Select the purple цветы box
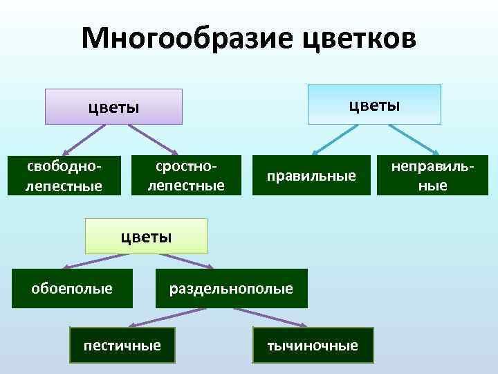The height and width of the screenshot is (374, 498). click(x=114, y=107)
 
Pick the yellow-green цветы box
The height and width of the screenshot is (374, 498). click(x=146, y=236)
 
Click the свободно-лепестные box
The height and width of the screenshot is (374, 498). click(x=64, y=176)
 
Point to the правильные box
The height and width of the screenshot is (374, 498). click(x=312, y=176)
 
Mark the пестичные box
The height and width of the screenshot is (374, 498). click(x=122, y=344)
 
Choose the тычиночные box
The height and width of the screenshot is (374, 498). click(x=313, y=345)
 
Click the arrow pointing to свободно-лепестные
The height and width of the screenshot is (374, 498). click(x=82, y=139)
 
